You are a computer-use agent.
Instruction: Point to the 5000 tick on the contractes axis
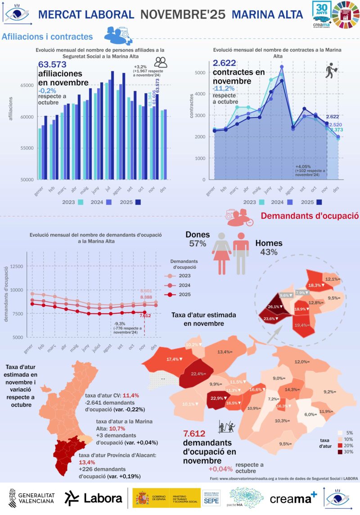pyautogui.click(x=200, y=72)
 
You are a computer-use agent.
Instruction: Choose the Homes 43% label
pyautogui.click(x=269, y=248)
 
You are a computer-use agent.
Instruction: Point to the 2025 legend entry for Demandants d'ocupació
pyautogui.click(x=184, y=295)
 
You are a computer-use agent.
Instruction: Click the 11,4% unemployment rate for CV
pyautogui.click(x=131, y=395)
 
